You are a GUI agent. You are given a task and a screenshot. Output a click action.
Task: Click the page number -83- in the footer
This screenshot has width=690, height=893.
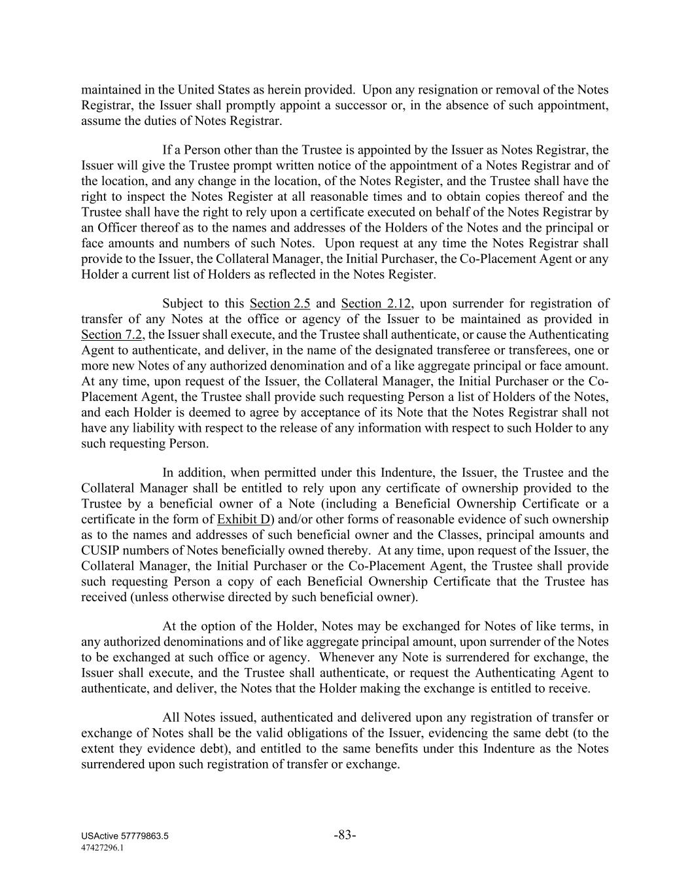click(x=345, y=835)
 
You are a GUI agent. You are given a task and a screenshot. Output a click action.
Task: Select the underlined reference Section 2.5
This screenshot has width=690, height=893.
click(x=280, y=304)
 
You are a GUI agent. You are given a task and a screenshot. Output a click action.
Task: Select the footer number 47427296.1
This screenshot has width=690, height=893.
click(x=103, y=847)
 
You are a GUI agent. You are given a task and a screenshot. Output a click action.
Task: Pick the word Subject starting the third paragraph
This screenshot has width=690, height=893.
click(x=182, y=304)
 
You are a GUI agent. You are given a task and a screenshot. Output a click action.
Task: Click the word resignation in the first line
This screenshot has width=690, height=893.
click(x=462, y=90)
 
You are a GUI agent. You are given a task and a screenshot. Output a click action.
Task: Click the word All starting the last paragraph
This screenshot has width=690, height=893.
click(x=171, y=718)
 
